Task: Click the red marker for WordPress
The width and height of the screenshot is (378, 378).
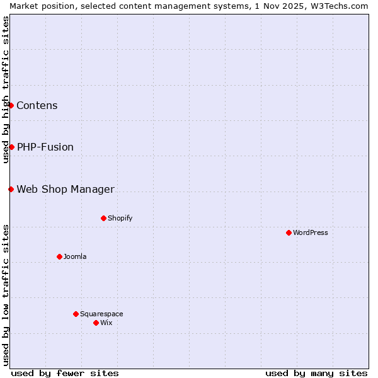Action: [289, 232]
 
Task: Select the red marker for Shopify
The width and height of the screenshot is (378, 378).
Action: [103, 218]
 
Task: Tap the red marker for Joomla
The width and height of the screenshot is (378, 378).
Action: [59, 256]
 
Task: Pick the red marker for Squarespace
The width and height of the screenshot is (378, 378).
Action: [76, 314]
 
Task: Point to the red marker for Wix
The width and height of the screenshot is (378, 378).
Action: [96, 323]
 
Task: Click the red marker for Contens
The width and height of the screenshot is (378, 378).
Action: [11, 105]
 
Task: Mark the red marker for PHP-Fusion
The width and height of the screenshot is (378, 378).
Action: [11, 147]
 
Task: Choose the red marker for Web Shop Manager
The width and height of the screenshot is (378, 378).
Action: [11, 189]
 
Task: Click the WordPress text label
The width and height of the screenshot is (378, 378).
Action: [311, 232]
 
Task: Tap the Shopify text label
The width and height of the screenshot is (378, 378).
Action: [120, 218]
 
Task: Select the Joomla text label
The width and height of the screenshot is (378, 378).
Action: [75, 256]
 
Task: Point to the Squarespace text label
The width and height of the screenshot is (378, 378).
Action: [101, 314]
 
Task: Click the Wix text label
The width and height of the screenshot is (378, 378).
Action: [106, 323]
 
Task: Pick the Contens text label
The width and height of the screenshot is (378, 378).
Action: [37, 105]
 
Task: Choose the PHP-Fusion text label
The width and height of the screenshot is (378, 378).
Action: [45, 147]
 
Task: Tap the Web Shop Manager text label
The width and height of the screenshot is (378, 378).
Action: [66, 189]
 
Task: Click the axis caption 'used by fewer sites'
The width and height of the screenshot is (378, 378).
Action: [65, 373]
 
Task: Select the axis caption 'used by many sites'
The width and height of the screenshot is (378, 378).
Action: [316, 373]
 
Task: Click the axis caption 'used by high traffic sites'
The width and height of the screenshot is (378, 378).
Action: [6, 89]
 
